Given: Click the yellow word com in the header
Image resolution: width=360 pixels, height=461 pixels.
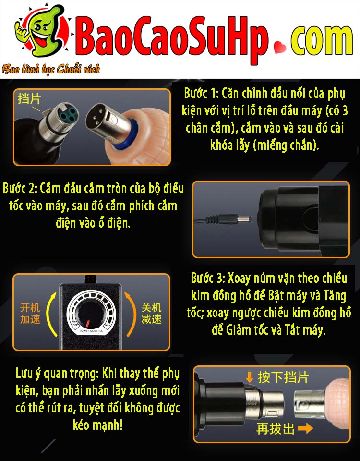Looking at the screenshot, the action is pos(322,40).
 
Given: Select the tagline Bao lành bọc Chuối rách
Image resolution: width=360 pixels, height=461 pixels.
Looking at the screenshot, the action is pos(50,69).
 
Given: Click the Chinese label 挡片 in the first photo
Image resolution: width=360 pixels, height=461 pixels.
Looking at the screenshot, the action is pos(29,99).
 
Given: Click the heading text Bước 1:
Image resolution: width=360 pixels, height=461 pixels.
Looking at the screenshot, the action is pos(201,94).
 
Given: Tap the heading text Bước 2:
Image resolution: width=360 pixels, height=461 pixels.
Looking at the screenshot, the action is pos(20,188).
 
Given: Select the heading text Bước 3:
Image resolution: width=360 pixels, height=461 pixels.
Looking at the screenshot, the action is pos(208,278).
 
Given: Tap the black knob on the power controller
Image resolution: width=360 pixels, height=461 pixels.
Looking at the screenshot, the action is pos(89,313).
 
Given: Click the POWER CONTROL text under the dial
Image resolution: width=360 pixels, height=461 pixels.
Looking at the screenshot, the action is pos(91,331).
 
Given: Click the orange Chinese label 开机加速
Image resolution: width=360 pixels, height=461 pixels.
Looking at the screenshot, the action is pos(30,314).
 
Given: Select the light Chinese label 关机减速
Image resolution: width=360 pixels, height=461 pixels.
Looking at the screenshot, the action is pos(151,314).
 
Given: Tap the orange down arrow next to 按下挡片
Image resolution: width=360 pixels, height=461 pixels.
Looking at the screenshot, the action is pos(250,377).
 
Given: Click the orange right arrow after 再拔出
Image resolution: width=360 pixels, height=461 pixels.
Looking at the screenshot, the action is pos(305,428).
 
